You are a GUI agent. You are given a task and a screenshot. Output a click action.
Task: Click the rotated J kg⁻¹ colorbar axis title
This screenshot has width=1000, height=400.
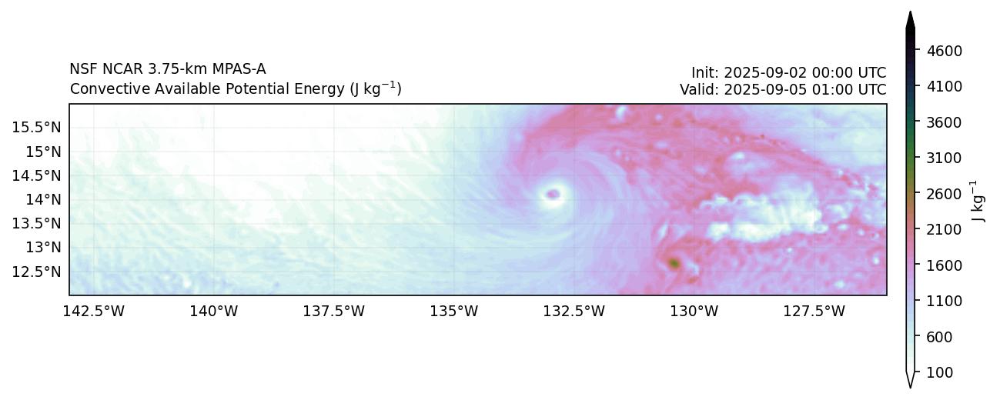point(977,202)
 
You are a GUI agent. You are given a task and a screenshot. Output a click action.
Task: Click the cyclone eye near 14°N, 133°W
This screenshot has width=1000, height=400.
point(553,194)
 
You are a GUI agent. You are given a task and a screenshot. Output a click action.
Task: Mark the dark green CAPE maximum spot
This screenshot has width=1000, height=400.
point(674,264)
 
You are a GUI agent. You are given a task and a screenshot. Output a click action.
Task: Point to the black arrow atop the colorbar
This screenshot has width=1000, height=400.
point(910,22)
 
